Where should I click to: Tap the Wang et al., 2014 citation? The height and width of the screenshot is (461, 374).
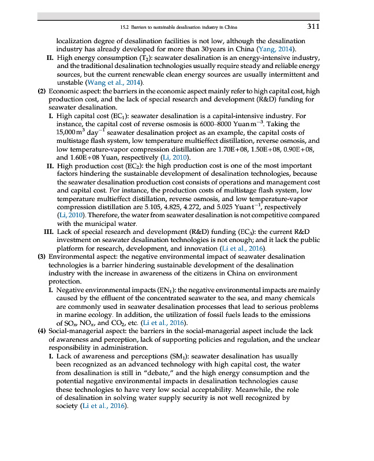(124, 83)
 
